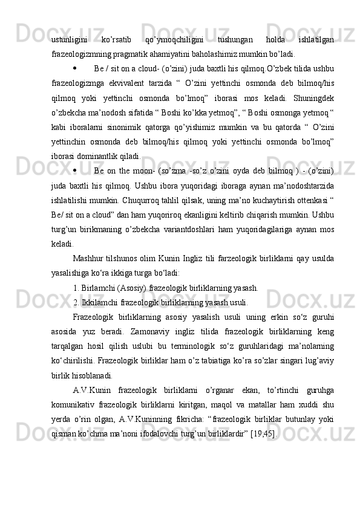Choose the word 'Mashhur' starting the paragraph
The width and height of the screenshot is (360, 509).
pyautogui.click(x=88, y=259)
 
